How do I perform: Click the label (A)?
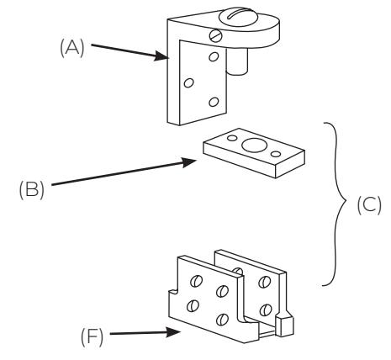[72, 48]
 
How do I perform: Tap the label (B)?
[32, 189]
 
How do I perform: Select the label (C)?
[369, 205]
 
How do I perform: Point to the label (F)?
[92, 336]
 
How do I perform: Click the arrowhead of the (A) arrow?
[161, 56]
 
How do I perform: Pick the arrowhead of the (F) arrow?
[173, 332]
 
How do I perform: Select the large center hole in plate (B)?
[254, 146]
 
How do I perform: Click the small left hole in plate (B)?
[232, 138]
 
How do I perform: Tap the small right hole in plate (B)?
[276, 154]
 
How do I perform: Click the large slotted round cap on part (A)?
[238, 18]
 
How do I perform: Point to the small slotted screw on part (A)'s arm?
[215, 35]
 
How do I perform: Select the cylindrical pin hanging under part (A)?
[237, 61]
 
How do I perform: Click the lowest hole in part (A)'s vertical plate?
[214, 102]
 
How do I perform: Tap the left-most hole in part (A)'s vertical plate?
[188, 82]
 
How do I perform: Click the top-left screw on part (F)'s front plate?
[196, 281]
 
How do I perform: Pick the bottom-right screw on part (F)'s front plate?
[223, 319]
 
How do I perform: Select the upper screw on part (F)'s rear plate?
[264, 282]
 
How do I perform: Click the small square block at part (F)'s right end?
[285, 326]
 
